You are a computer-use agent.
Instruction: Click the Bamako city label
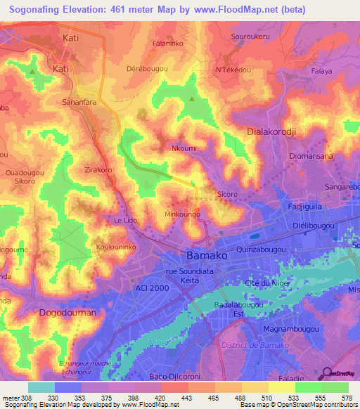point(206,256)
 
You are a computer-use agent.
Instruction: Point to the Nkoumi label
point(184,148)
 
